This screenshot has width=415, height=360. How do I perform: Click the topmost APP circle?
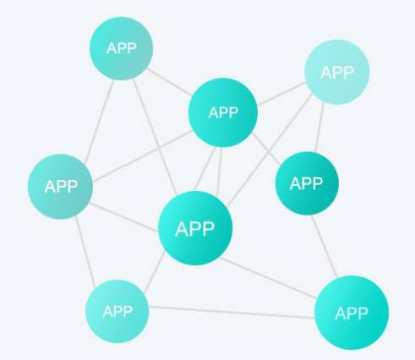[122, 48]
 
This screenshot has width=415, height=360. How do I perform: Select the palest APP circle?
[337, 72]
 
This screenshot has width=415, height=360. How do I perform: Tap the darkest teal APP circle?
[307, 183]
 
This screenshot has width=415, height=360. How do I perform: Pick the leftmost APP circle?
[60, 187]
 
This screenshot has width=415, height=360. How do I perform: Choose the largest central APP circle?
[195, 228]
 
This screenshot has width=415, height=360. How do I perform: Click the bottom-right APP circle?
[352, 313]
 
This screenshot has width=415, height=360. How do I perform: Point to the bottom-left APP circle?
[117, 311]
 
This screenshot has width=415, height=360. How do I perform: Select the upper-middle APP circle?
[223, 112]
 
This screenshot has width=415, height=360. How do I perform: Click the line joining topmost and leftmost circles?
[99, 122]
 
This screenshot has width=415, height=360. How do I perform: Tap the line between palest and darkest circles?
[319, 128]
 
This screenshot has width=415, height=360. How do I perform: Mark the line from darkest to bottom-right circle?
[324, 247]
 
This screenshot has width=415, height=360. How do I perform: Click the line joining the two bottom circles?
[232, 312]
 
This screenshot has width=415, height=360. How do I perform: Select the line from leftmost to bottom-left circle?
[85, 252]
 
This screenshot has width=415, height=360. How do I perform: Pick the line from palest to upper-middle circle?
[281, 94]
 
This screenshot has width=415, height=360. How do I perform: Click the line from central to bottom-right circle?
[268, 278]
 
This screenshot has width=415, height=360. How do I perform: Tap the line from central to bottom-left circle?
[155, 271]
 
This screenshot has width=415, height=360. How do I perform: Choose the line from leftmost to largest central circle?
[124, 217]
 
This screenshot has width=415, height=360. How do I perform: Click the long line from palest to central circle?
[270, 150]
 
